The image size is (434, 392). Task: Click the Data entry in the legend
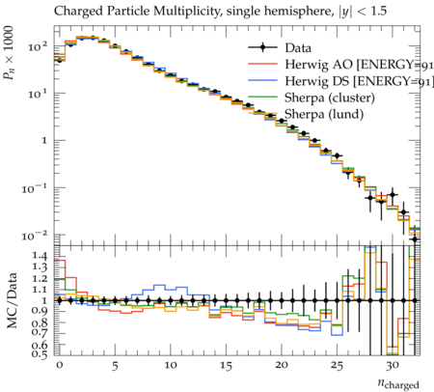[298, 48]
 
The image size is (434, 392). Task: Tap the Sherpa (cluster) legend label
[330, 98]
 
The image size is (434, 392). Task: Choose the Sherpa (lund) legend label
[324, 114]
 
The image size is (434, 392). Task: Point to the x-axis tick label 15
[226, 366]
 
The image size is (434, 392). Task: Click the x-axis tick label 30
[393, 366]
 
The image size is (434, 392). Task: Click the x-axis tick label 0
[59, 366]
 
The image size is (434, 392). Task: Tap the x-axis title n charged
[398, 383]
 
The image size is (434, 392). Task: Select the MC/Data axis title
[12, 300]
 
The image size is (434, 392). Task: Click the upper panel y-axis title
[9, 53]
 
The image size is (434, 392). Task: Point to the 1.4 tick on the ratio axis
[40, 256]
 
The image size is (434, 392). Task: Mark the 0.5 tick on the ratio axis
[40, 354]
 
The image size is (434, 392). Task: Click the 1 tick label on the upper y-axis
[44, 141]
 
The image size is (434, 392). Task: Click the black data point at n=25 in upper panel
[337, 156]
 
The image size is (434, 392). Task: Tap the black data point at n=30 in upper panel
[393, 195]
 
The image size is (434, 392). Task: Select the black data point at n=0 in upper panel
[59, 60]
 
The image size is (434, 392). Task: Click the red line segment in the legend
[262, 65]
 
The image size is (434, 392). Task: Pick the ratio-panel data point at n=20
[282, 300]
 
